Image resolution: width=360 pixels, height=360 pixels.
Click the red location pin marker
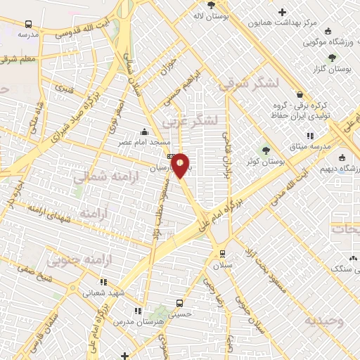coord(180,165)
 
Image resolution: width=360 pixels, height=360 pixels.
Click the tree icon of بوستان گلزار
coord(331,57)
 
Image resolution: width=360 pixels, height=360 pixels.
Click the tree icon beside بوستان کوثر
coord(266,149)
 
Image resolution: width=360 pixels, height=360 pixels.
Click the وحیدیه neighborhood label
coord(324,321)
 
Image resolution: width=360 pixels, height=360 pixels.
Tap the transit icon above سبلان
coord(222,254)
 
